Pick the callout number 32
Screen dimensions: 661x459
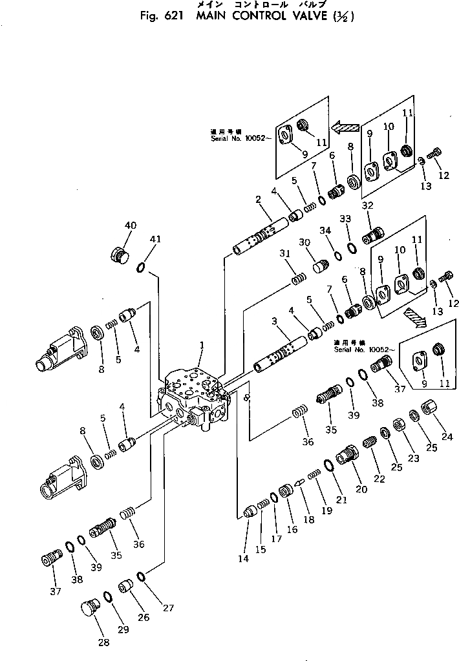(x=368, y=205)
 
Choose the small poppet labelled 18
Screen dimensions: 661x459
(x=299, y=482)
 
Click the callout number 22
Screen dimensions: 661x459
(x=379, y=478)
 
